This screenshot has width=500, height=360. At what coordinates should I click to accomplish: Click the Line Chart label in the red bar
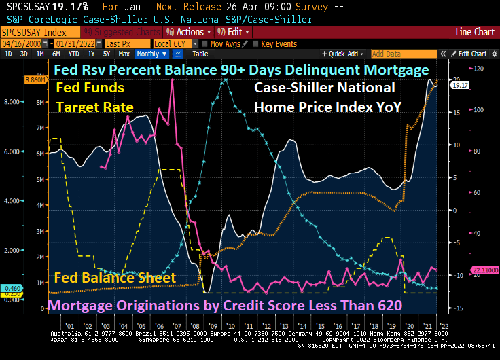(x=475, y=32)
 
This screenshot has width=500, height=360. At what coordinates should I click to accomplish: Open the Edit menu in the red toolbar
(x=234, y=32)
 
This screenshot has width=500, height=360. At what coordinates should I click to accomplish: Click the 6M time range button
(x=56, y=54)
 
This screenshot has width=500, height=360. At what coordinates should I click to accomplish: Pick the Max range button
(x=124, y=54)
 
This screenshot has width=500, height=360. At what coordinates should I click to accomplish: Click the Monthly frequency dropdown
(x=150, y=54)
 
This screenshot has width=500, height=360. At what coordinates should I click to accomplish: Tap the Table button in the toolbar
(x=200, y=54)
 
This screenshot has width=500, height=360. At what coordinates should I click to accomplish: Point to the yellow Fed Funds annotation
(x=90, y=88)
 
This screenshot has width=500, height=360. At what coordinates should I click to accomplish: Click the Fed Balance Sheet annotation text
(x=115, y=278)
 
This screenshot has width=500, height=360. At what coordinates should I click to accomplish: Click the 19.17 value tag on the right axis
(x=461, y=85)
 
